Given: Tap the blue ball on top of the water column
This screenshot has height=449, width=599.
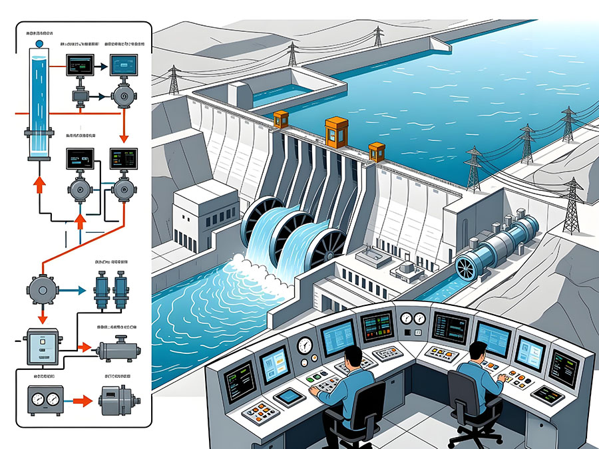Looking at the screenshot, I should (x=38, y=44).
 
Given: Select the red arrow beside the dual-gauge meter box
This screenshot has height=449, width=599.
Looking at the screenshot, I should (x=81, y=401).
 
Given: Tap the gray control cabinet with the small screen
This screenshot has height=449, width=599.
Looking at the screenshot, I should (x=43, y=347).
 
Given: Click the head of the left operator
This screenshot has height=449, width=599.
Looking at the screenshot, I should (x=352, y=357).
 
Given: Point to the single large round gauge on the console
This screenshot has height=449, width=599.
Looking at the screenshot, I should (x=305, y=345).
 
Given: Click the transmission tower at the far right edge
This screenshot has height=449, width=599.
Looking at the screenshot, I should (x=574, y=206).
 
